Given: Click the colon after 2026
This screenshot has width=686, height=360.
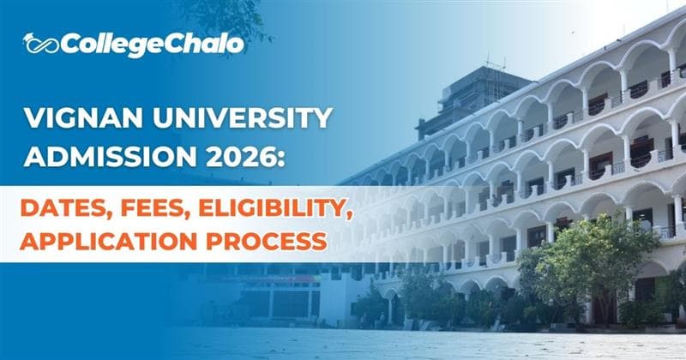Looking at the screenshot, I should (289, 158).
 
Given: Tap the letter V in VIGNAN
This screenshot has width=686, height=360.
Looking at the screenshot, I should (35, 117).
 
